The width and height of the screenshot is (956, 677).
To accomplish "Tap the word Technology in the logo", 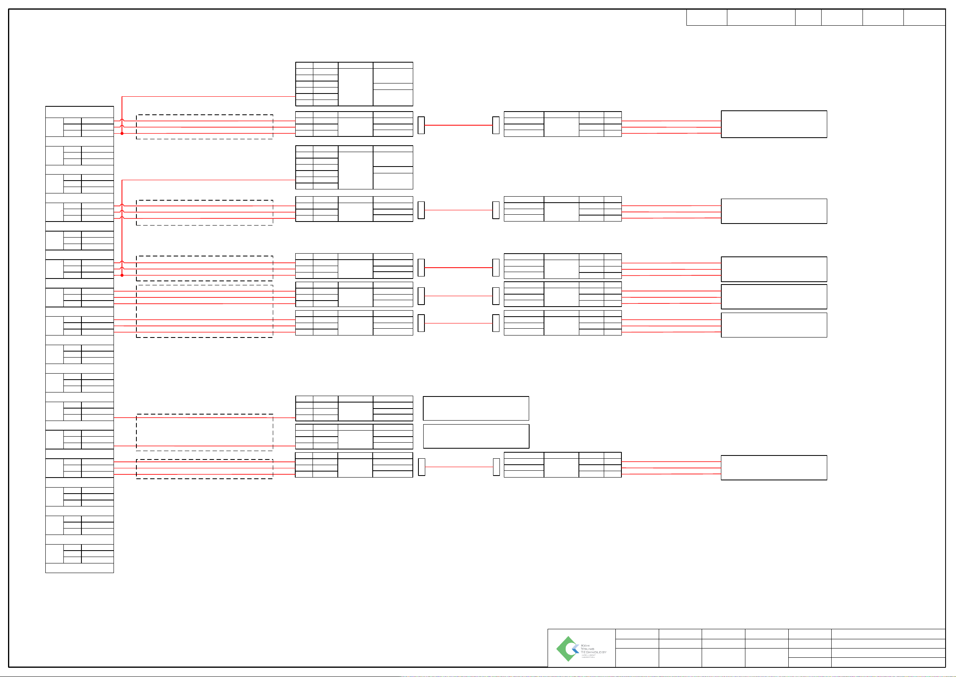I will (593, 653).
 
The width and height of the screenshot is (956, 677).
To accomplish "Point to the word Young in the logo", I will (587, 649).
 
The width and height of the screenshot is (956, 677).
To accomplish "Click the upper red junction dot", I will (122, 133).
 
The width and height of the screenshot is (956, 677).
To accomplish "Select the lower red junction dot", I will (122, 275).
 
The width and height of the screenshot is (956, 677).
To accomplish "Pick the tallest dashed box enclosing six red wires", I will (205, 311).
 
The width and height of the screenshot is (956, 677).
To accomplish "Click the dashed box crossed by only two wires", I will (205, 432).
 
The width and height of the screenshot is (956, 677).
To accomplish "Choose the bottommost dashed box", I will (205, 469).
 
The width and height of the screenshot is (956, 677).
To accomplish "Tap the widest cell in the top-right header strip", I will (761, 18).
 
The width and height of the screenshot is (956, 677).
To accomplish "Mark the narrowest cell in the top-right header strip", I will (808, 18).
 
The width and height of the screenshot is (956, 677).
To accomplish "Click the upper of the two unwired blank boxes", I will (476, 409).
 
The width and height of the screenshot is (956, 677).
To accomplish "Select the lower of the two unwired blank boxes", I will (476, 437).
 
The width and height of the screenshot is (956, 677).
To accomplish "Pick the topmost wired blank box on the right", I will (774, 124).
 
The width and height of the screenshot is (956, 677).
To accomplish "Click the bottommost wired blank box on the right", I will (774, 468).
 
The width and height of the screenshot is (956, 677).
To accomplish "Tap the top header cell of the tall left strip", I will (79, 112).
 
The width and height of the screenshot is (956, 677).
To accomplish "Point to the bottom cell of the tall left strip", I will (79, 568).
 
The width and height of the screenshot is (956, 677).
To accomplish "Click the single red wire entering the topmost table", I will (208, 97).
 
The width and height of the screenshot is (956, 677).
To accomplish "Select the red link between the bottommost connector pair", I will (459, 467).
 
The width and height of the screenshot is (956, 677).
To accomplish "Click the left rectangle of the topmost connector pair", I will (421, 126).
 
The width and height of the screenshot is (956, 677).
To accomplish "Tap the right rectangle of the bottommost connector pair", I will (496, 467).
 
